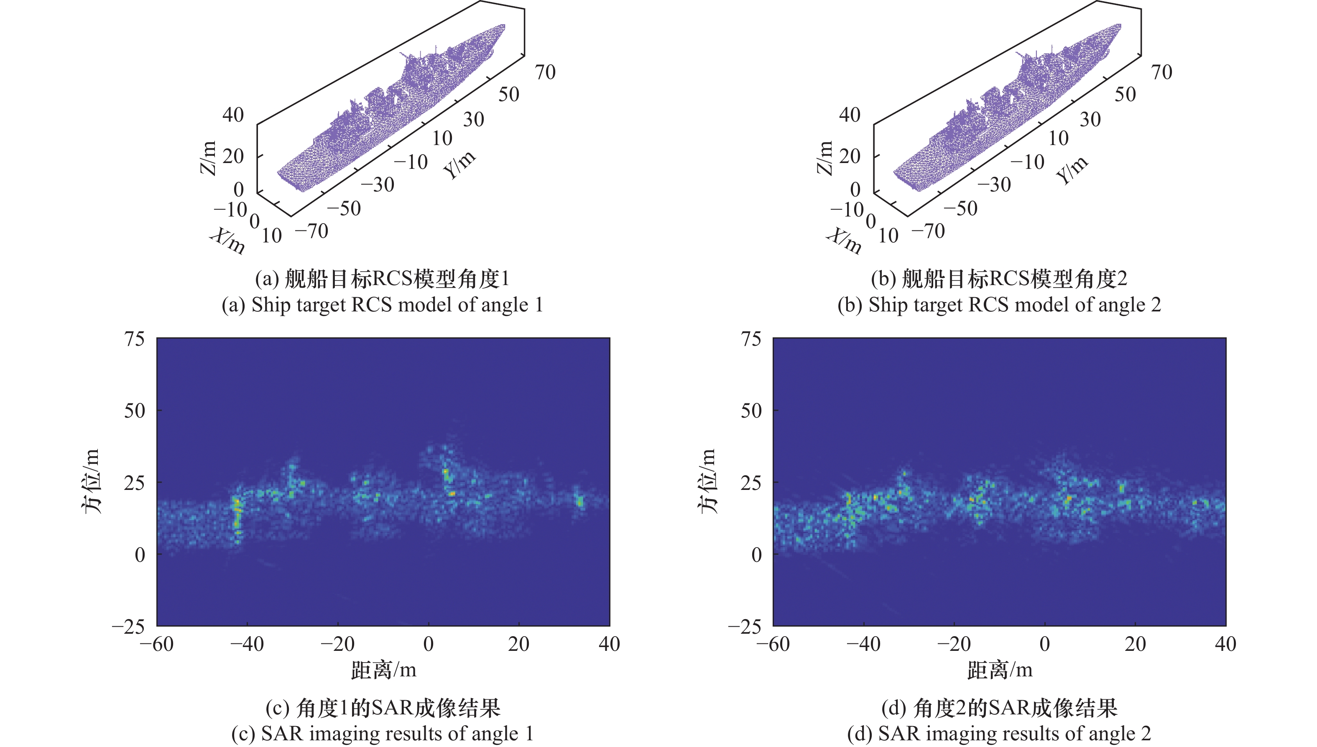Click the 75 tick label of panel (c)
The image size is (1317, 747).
(135, 339)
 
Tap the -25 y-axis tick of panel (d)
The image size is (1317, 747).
(745, 627)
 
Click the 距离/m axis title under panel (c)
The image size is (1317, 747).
(383, 670)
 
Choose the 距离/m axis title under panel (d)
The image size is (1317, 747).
(999, 670)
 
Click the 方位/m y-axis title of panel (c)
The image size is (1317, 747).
(91, 481)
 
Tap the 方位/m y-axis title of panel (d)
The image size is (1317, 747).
(707, 481)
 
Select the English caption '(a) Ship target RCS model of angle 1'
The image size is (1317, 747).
(382, 305)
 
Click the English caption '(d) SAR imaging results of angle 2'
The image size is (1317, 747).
(999, 734)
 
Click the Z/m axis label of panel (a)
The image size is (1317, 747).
(208, 158)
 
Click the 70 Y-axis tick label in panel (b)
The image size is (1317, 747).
(1161, 72)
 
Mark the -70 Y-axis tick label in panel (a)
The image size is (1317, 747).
(312, 232)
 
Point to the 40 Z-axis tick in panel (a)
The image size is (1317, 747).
(233, 115)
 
